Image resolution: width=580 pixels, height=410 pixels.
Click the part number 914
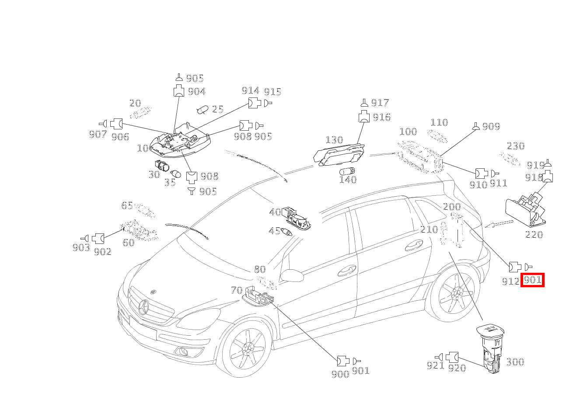(x=250, y=91)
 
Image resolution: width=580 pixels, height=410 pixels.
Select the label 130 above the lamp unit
(x=334, y=140)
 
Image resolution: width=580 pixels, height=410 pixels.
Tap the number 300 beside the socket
(x=515, y=362)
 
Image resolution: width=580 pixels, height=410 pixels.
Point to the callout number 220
(x=534, y=235)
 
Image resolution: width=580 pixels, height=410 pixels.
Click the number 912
(x=510, y=281)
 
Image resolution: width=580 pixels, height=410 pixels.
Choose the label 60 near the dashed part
(x=129, y=242)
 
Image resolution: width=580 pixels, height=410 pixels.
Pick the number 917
(x=380, y=103)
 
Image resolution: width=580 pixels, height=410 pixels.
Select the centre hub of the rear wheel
(x=457, y=292)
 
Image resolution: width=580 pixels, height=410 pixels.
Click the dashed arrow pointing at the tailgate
(x=500, y=224)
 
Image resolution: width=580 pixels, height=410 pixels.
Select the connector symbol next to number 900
(x=342, y=361)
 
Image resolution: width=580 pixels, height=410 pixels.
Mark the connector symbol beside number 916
(x=364, y=117)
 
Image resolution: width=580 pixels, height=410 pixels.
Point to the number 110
(x=439, y=123)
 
